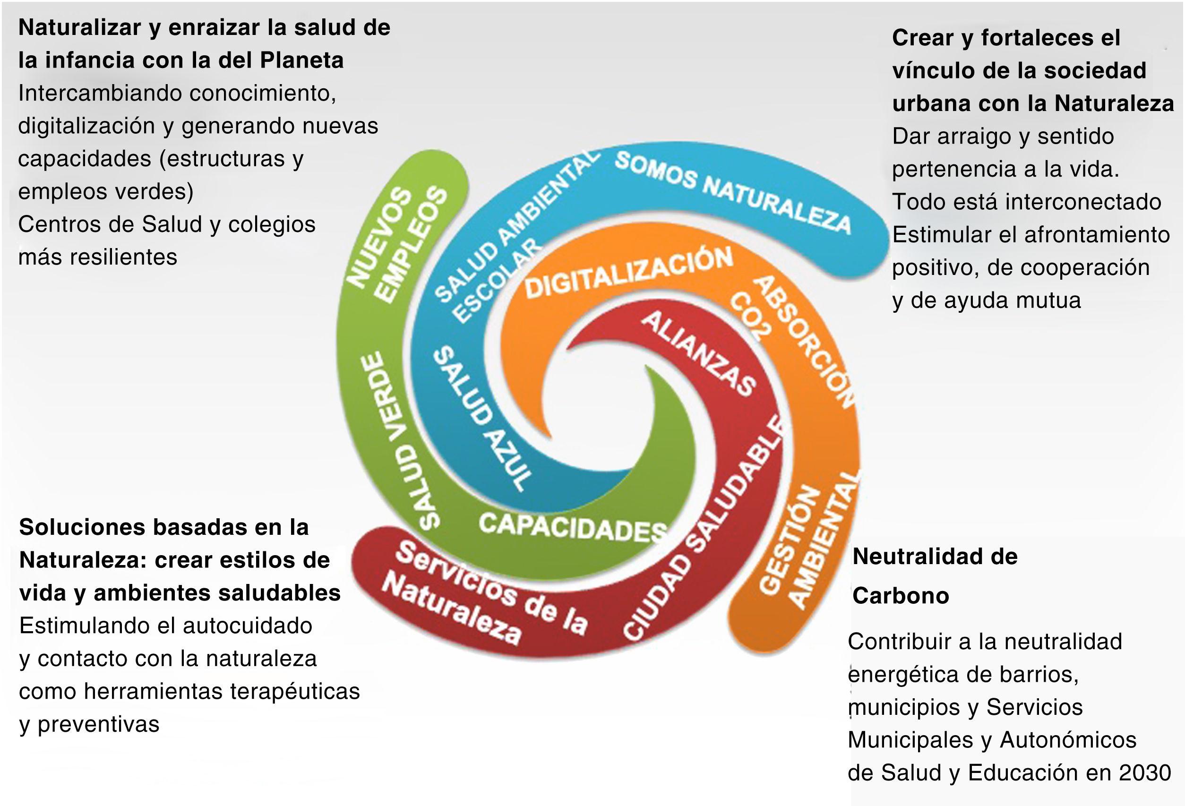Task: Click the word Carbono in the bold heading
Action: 901,595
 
